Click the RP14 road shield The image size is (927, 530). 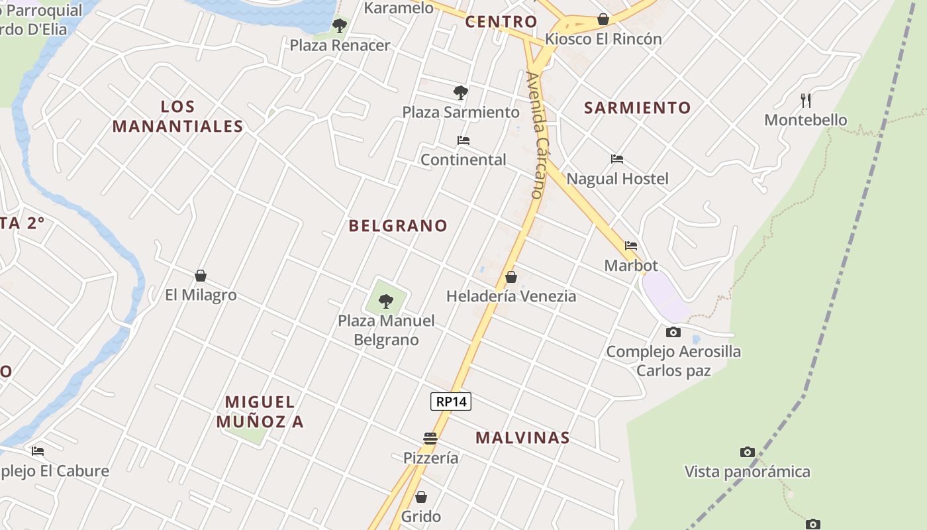tap(451, 401)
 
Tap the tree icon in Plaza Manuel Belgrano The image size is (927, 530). tap(386, 302)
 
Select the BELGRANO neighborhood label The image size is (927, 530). tap(398, 226)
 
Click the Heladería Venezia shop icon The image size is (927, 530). tap(511, 277)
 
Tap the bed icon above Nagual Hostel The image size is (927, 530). tap(617, 159)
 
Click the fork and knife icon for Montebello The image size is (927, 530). tap(806, 101)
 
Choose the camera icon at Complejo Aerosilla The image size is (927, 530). tap(673, 332)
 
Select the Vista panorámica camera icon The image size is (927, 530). tap(748, 452)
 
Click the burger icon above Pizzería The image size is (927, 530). tap(430, 438)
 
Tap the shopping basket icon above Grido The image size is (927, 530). tap(421, 497)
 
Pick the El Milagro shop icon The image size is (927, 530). tap(201, 276)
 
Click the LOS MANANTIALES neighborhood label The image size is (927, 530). tap(177, 117)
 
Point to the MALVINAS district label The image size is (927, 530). tap(522, 438)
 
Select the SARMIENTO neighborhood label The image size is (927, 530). tap(637, 107)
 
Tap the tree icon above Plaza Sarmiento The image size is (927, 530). tap(461, 93)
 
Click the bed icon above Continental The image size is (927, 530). tap(463, 140)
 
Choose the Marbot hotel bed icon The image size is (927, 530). tap(631, 246)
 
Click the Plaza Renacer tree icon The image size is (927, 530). tap(340, 26)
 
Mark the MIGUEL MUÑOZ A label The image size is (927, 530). tap(260, 411)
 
